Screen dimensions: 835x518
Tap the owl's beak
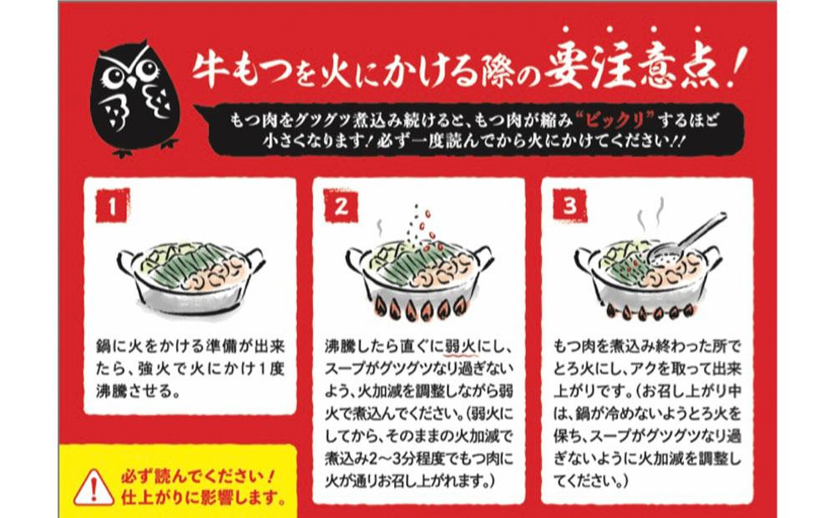point(131,82)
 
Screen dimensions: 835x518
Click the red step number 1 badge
point(113,206)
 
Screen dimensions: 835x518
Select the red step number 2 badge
point(341,206)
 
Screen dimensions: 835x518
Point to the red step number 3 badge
point(569,206)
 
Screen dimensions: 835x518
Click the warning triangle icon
point(94,488)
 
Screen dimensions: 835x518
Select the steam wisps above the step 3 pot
point(651,214)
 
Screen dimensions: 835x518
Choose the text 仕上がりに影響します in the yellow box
point(202,497)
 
